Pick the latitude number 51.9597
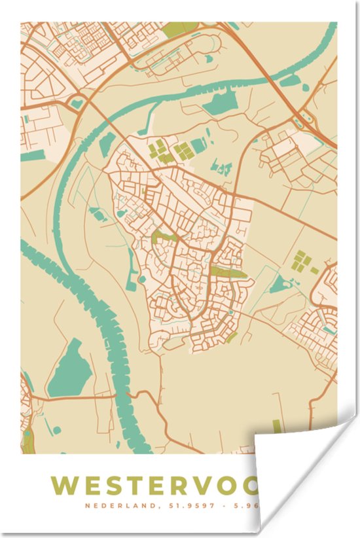pyautogui.click(x=194, y=505)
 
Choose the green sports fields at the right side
pyautogui.click(x=302, y=260)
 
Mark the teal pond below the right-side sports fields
pyautogui.click(x=281, y=283)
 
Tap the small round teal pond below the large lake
pyautogui.click(x=57, y=430)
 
